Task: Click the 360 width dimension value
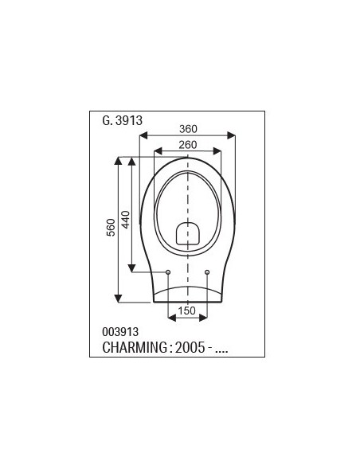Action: point(188,129)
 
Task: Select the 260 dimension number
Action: point(188,145)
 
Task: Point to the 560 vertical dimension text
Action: point(111,228)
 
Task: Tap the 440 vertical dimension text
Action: point(126,220)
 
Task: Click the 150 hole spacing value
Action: point(187,311)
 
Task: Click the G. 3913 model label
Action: point(122,120)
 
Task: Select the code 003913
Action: point(120,331)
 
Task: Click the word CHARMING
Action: point(135,347)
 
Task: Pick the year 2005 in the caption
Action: point(190,347)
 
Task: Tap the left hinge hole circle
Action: point(168,272)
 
